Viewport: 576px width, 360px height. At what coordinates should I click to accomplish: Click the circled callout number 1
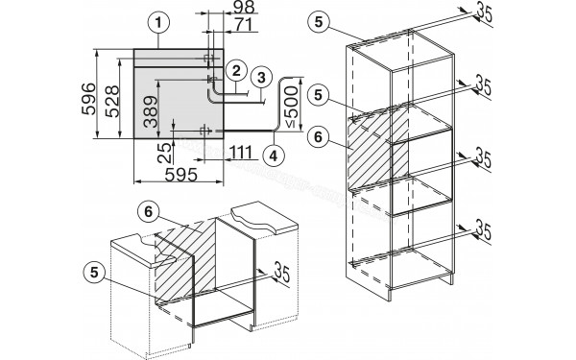(x=158, y=23)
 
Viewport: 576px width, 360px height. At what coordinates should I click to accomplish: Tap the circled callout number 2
(x=236, y=70)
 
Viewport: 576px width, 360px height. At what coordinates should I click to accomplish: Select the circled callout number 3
(x=261, y=78)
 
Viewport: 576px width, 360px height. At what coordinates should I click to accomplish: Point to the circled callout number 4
(x=274, y=156)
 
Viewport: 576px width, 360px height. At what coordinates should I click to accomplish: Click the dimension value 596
(x=89, y=99)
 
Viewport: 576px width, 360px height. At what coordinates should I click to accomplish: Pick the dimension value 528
(x=112, y=101)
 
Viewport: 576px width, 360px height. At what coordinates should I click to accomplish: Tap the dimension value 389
(x=151, y=111)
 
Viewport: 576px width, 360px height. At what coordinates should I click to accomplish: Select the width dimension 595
(x=181, y=175)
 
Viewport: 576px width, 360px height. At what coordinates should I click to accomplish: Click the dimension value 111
(x=241, y=152)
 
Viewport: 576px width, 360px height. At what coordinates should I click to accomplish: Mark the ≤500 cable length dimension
(x=291, y=107)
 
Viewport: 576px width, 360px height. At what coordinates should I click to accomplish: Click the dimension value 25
(x=164, y=153)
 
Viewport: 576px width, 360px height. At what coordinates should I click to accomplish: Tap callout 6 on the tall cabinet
(x=318, y=137)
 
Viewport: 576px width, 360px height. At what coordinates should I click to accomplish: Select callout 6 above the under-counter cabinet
(x=148, y=212)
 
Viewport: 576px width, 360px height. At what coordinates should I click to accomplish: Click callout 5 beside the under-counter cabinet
(x=95, y=273)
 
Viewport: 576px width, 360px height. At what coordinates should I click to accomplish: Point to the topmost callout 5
(x=318, y=22)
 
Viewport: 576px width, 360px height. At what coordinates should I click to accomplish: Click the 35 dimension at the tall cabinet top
(x=484, y=13)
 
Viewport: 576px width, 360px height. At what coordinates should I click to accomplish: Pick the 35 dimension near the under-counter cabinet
(x=282, y=273)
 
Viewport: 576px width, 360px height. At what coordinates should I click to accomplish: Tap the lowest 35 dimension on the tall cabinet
(x=484, y=230)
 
